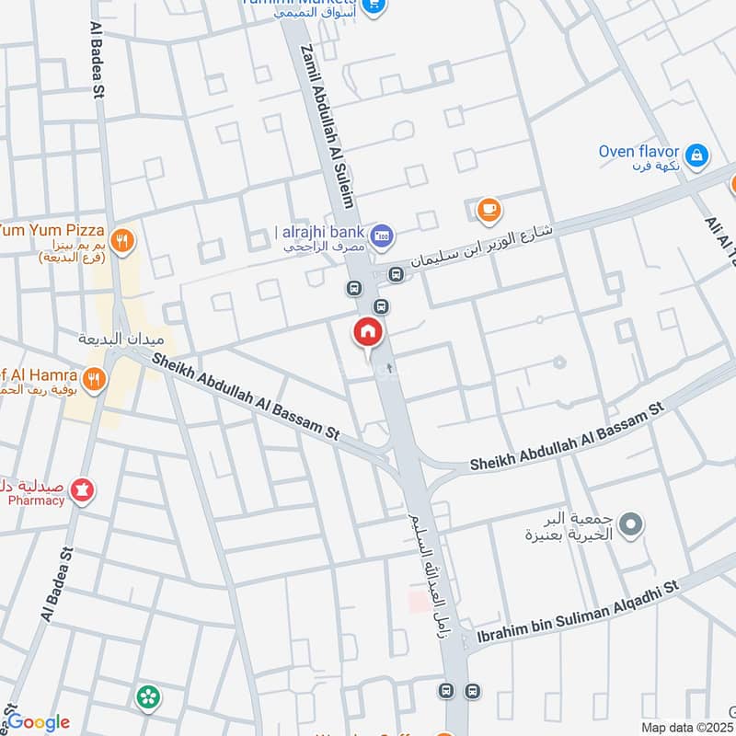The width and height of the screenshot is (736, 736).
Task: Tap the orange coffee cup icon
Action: pos(489,211)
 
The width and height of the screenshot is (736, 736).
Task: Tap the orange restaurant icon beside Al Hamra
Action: pos(93,377)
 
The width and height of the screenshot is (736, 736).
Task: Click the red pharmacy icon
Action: pos(83,491)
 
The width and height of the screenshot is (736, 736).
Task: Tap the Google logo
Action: pos(38,722)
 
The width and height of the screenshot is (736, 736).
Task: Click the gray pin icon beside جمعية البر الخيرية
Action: pos(630,526)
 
